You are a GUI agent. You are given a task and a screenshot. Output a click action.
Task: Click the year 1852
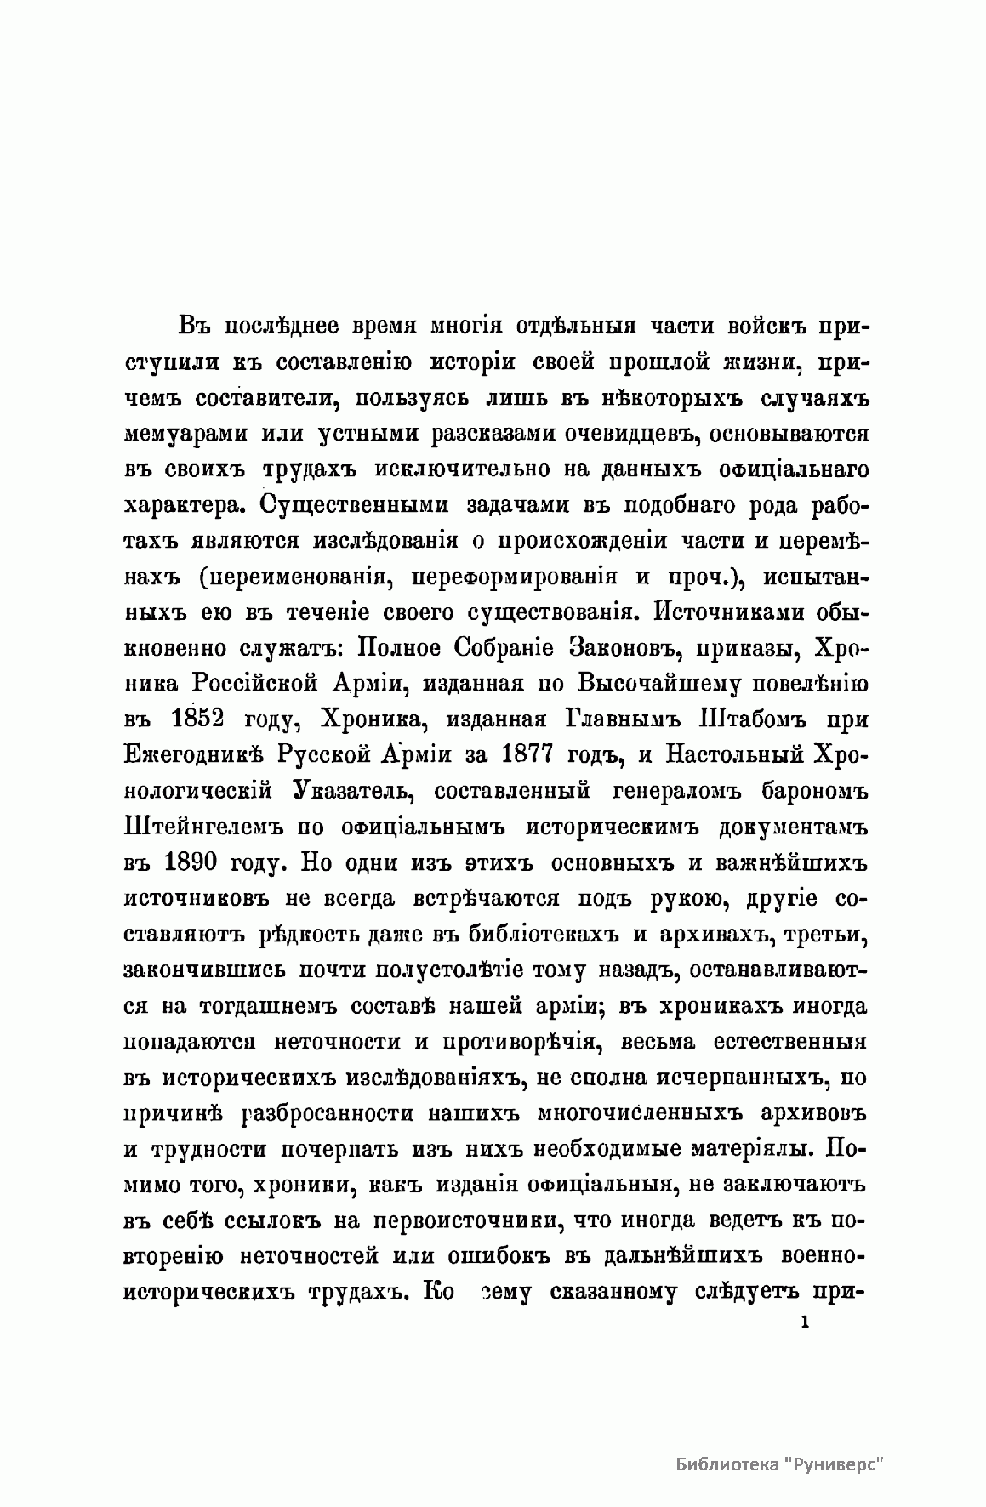tap(197, 719)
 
